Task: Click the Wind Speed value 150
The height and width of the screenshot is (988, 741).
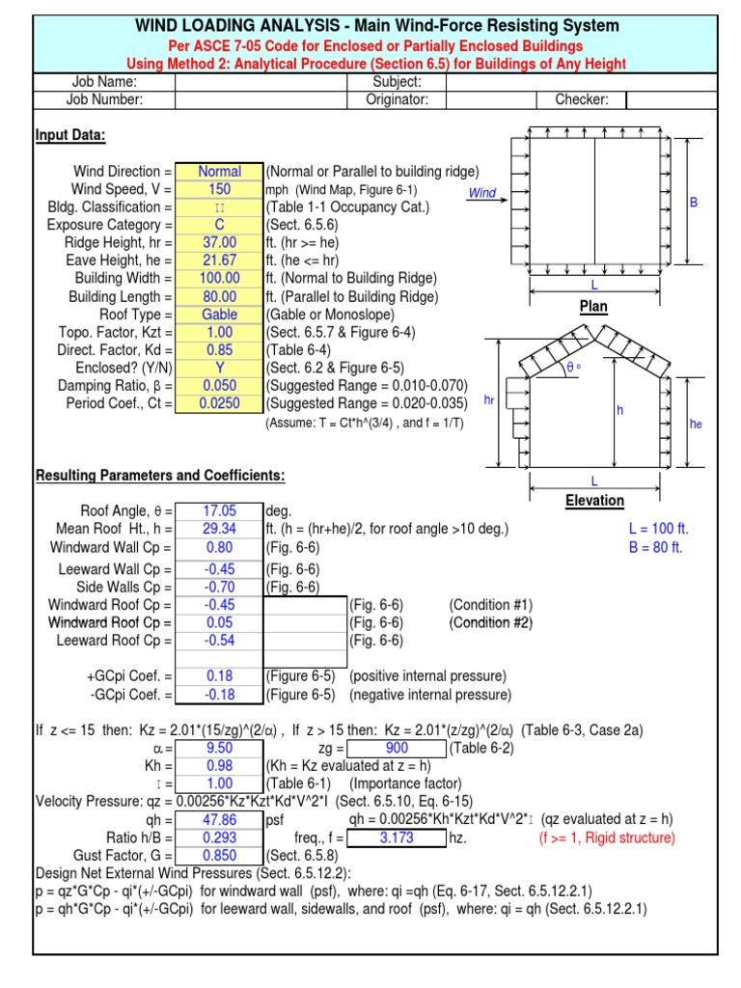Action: tap(219, 189)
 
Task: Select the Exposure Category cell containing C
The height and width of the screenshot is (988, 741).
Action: tap(219, 225)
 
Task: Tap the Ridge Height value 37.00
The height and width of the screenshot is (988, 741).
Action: tap(219, 243)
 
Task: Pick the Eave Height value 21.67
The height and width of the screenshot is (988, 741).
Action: tap(219, 261)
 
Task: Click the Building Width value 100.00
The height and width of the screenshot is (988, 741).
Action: tap(219, 279)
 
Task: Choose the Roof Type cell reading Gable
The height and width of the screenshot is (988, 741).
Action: tap(219, 315)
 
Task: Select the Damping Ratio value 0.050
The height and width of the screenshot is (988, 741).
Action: tap(219, 386)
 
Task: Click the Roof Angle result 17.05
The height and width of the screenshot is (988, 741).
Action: tap(219, 510)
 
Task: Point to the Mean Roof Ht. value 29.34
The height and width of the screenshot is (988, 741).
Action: tap(219, 529)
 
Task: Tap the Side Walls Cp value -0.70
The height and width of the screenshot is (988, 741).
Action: tap(219, 587)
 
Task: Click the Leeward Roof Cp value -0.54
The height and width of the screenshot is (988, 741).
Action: tap(219, 641)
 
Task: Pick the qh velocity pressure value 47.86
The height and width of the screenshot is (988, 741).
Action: tap(219, 820)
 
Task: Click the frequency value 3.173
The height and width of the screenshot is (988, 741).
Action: tap(397, 838)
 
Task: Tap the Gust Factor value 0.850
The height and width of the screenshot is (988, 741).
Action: tap(219, 856)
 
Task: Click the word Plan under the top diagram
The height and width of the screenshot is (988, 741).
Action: tap(593, 307)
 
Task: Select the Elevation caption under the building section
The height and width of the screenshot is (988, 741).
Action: tap(594, 501)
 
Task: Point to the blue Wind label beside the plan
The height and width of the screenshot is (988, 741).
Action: tap(481, 193)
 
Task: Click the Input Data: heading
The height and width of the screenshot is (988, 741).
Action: tap(70, 136)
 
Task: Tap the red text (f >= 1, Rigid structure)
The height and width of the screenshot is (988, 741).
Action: tap(606, 838)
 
